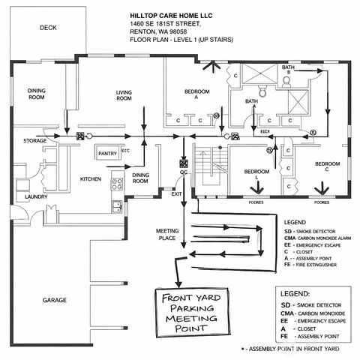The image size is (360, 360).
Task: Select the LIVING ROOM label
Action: click(124, 95)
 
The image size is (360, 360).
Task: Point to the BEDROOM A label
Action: click(196, 94)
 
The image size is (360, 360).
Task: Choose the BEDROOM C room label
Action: click(326, 166)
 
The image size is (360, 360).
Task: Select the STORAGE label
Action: click(34, 140)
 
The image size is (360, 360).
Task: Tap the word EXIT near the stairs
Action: click(176, 193)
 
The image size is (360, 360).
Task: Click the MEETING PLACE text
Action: click(166, 234)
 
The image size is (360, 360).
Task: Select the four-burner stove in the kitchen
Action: click(118, 180)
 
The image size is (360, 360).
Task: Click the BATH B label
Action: click(288, 69)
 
